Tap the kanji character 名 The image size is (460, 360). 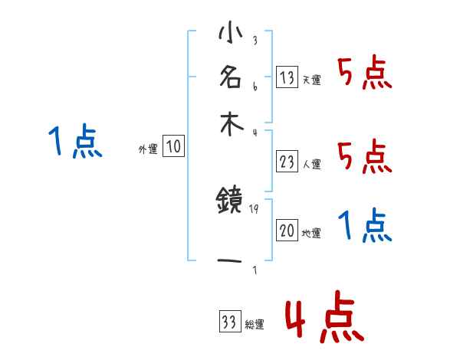point(230,77)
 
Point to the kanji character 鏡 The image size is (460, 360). point(230,202)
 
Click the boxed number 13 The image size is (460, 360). point(287,78)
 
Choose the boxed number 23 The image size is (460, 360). point(287,162)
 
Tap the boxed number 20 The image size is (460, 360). point(287,231)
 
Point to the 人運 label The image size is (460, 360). point(311,163)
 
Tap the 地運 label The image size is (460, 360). point(311,234)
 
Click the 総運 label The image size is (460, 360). point(254,325)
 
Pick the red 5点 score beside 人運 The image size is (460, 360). point(364,157)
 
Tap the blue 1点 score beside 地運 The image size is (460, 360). point(364,227)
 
